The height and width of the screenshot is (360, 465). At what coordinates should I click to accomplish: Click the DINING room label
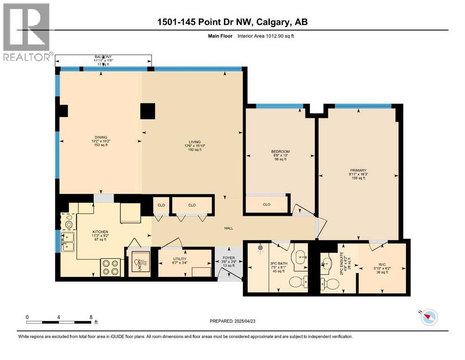click(101, 137)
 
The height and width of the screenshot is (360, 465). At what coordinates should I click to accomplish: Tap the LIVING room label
click(194, 142)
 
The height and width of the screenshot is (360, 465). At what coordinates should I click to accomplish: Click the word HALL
click(229, 228)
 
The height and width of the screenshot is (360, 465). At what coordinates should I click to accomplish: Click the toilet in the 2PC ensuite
click(326, 283)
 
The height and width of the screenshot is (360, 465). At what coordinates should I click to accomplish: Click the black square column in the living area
click(148, 111)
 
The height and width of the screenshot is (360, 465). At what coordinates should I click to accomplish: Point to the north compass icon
click(428, 317)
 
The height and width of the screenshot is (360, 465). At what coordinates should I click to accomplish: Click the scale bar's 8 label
click(91, 317)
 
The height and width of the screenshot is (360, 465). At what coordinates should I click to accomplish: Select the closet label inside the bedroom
click(266, 204)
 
